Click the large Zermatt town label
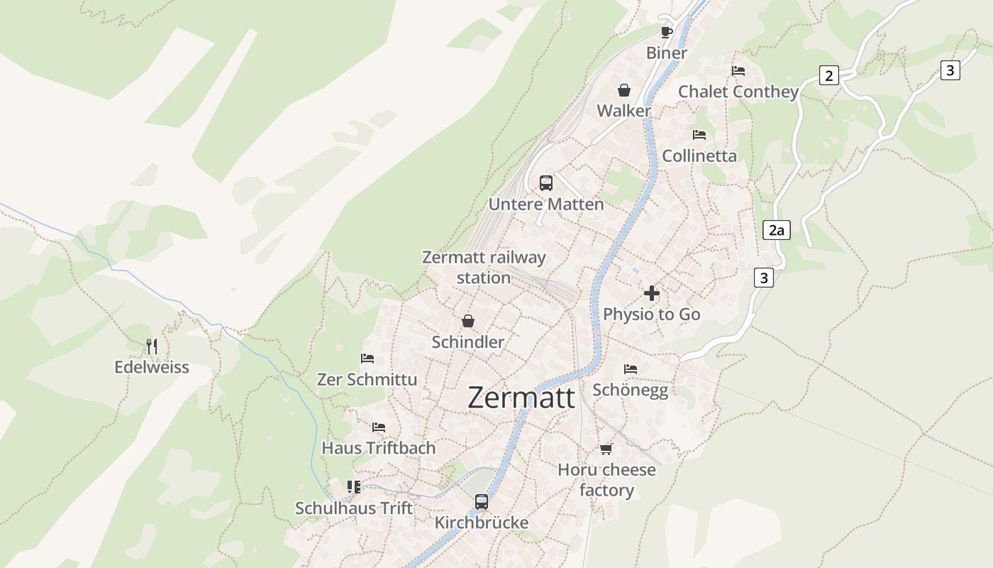[521, 398]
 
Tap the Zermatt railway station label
[484, 268]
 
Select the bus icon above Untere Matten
[546, 182]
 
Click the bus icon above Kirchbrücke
[482, 502]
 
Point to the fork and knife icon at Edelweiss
[151, 346]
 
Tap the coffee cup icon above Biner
[666, 31]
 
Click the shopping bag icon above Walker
[623, 90]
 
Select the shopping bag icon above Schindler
[467, 321]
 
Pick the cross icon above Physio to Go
[652, 293]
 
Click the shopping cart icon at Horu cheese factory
[606, 449]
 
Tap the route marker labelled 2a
[777, 230]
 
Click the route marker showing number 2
[828, 75]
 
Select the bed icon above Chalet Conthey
[738, 71]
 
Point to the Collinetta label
[699, 155]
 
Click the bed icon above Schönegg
[631, 369]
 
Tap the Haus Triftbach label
[379, 448]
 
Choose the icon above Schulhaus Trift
[354, 487]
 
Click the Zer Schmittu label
[367, 379]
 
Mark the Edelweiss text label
[152, 367]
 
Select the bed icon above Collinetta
[699, 135]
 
